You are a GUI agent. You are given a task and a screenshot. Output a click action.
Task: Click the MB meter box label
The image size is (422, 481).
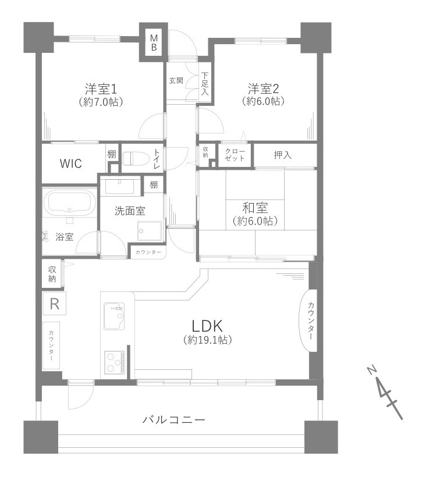click(x=154, y=42)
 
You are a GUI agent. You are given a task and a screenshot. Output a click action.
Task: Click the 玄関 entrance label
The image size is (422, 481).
click(x=176, y=80)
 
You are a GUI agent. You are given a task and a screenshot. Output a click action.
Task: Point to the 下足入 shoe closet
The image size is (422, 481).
click(x=205, y=84)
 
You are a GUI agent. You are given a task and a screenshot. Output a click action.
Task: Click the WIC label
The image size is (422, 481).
click(x=70, y=163)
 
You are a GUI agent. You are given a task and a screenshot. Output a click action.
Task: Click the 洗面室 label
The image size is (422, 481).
click(x=130, y=211)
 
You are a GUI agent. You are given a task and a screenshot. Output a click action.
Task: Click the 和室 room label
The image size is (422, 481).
click(x=255, y=208)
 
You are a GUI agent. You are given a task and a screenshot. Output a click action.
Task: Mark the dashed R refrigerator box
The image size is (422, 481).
click(x=54, y=303)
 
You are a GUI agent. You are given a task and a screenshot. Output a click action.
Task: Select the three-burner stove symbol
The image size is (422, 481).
click(x=115, y=362)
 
